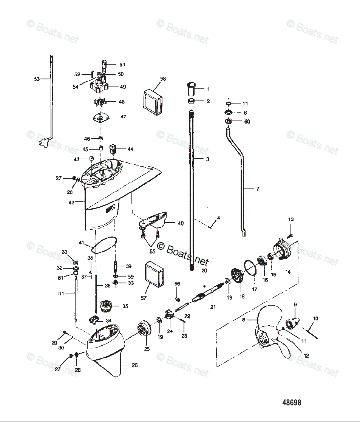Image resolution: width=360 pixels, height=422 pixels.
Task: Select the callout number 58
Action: coord(163,79)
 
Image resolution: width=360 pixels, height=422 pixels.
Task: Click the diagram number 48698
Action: coord(292,403)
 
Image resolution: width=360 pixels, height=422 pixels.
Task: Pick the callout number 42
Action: coord(71,202)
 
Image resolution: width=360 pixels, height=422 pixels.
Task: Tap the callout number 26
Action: coord(134,365)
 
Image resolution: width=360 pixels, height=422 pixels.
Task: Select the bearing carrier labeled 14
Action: coord(284,250)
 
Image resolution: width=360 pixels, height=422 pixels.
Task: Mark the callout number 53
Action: coord(37,79)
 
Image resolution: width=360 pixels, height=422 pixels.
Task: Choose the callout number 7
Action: coord(258,189)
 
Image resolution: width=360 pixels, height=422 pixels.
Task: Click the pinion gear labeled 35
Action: coord(104,306)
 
